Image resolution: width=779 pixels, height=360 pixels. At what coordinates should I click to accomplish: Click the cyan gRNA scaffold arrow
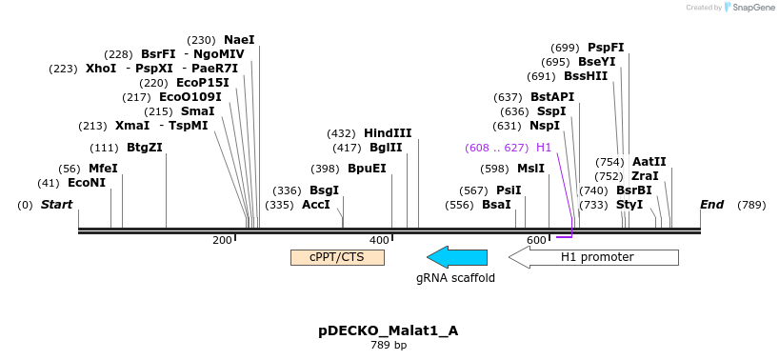point(457,257)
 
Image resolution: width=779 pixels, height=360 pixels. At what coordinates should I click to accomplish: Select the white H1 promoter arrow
point(593,257)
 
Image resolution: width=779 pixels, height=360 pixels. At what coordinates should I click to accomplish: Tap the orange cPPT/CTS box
point(337,257)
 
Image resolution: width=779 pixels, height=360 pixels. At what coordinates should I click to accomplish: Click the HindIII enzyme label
point(388,133)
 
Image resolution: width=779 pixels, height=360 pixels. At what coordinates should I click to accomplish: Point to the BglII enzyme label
point(386,148)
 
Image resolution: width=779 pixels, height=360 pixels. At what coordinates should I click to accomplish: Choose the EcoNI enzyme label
point(87,183)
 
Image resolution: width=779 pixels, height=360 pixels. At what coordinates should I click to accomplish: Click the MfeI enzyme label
point(104,169)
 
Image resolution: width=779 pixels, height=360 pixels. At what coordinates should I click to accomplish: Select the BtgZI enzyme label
point(145,148)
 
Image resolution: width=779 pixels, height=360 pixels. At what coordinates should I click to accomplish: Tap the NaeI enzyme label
point(239,40)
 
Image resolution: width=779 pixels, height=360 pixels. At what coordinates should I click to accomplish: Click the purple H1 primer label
point(544,148)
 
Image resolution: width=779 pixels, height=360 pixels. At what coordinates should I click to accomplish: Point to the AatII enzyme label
point(649,162)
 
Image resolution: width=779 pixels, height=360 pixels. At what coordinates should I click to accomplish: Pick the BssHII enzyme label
point(586,76)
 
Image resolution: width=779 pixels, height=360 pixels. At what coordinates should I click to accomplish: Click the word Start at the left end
point(56,205)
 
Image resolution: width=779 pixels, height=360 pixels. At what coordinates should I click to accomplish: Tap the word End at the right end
point(712,205)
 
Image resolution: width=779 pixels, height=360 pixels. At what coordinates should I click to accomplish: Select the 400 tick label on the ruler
point(380,240)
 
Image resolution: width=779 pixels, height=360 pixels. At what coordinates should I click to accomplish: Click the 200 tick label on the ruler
point(222,240)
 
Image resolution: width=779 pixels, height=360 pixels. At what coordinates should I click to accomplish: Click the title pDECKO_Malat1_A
point(389,331)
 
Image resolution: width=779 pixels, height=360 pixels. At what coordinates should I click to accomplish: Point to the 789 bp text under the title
point(389,345)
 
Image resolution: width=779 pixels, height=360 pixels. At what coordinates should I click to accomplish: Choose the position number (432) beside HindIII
point(342,133)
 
